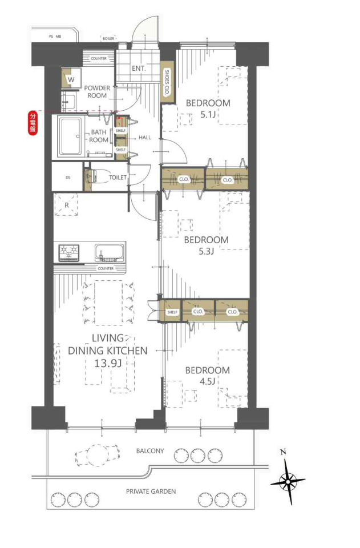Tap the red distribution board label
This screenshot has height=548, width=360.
pos(33,123)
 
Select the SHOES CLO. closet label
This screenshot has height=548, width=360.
pos(167,82)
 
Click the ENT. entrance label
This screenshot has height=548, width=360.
pos(139,68)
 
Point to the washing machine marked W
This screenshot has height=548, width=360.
pos(71,79)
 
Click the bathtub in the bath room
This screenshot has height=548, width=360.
pos(71,136)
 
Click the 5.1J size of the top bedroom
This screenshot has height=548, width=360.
pos(208,114)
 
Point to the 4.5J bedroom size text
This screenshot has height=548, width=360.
pos(208,381)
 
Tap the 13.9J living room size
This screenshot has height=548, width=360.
pos(108,363)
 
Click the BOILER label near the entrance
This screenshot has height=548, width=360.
pos(108,38)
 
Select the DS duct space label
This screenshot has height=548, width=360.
pos(68,178)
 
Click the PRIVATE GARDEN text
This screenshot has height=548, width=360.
pos(151,491)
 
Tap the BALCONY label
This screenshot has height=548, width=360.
pos(150,451)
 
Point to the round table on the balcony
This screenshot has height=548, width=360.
pos(98,455)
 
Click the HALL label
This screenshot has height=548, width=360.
pos(145,138)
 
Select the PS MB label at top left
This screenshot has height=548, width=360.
pos(55,37)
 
